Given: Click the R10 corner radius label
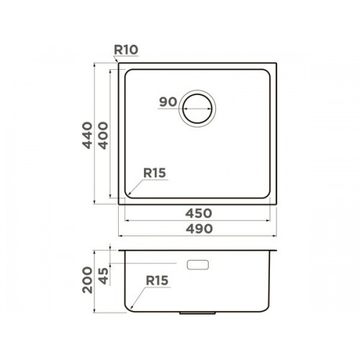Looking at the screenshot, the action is coord(126,50).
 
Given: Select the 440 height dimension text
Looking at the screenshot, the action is coord(87,135).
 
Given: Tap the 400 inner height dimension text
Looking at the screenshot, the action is coord(103,135).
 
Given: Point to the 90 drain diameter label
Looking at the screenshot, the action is coord(168,102).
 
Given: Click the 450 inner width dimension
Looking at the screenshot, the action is coord(199,213).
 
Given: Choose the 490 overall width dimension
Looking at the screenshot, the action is coord(199,228).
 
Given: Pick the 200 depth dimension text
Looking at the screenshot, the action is coord(87,279).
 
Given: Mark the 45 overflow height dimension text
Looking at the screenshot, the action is coord(103,276).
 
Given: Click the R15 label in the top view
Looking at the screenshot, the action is coord(155,173).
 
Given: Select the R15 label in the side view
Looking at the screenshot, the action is coord(157,280).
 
